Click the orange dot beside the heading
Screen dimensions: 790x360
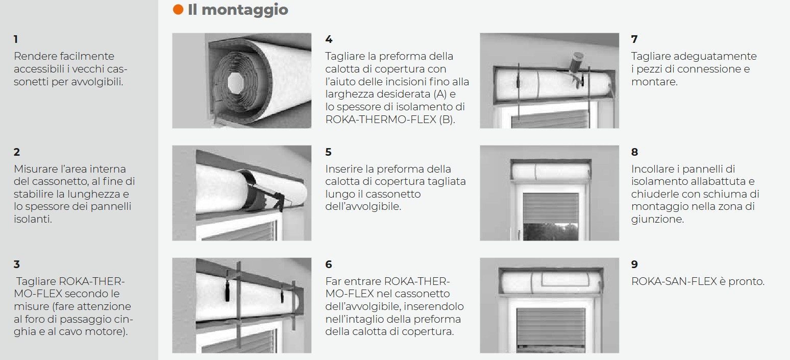[178, 10]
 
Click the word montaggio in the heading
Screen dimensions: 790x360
[245, 10]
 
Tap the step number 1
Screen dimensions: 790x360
[15, 39]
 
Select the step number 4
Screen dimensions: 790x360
[329, 39]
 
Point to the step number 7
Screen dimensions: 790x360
[634, 39]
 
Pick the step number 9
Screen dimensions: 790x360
[634, 265]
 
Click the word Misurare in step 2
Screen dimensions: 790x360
[35, 169]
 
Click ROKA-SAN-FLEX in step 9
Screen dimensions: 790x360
[674, 282]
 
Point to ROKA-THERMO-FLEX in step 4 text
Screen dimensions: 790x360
[381, 119]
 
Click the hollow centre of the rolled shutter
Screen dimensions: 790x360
[237, 82]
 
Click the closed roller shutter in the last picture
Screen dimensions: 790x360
[551, 330]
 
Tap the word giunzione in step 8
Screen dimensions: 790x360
[658, 220]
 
